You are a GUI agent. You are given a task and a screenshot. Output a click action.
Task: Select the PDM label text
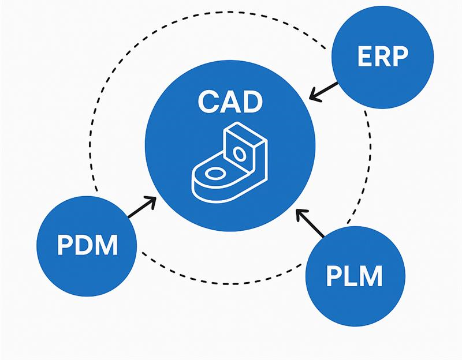pyautogui.click(x=87, y=245)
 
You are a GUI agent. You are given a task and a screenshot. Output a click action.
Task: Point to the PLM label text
pyautogui.click(x=354, y=276)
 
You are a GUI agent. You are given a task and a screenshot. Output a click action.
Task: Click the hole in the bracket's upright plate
pyautogui.click(x=238, y=153)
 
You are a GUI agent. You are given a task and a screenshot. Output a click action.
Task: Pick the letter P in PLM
pyautogui.click(x=334, y=276)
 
